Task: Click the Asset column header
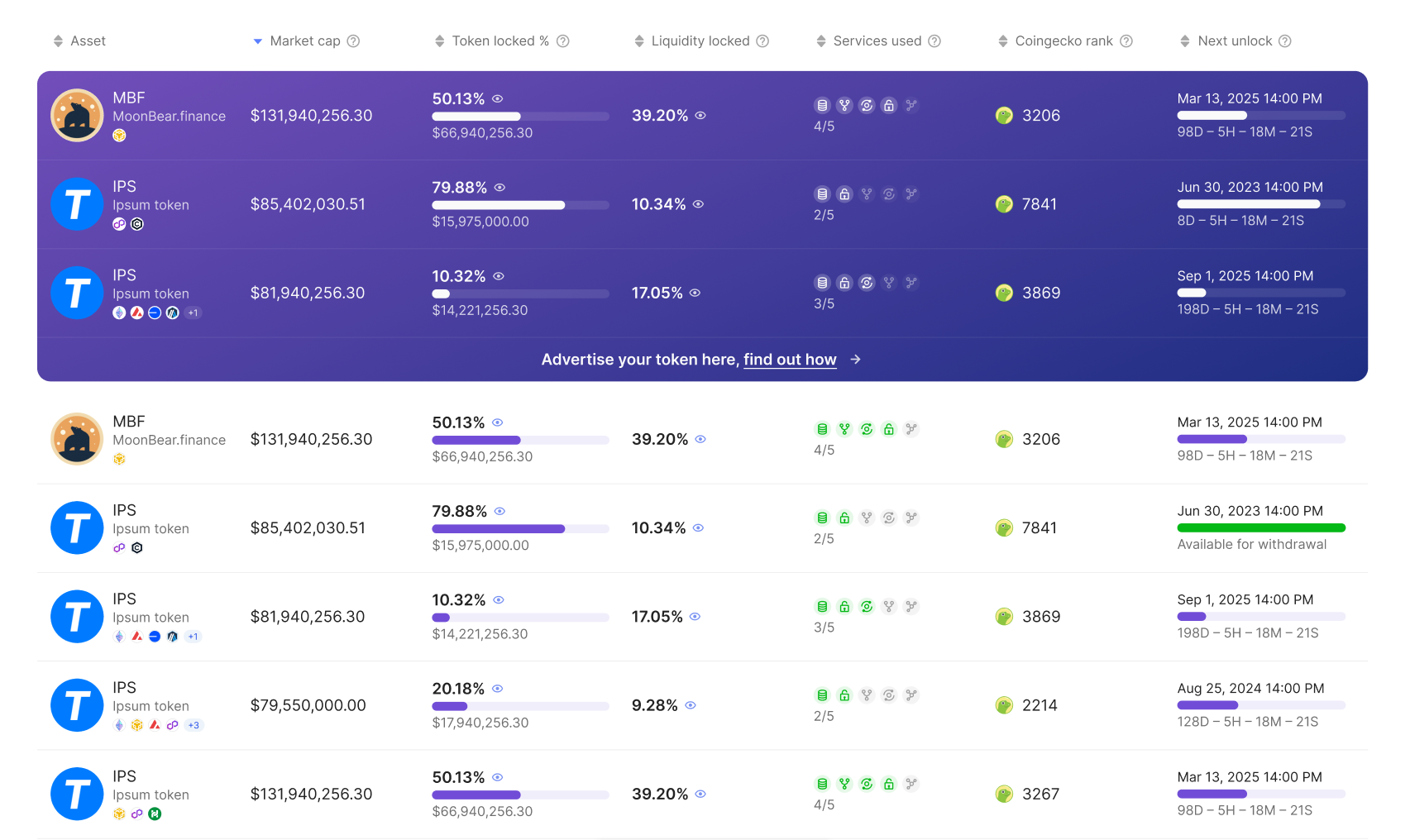coord(88,41)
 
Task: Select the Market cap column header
coord(304,41)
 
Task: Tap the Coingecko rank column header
coord(1063,41)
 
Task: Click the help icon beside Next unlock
coord(1285,41)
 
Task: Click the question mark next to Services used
coord(934,41)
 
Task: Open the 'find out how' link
coord(790,360)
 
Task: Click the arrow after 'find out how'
coord(856,360)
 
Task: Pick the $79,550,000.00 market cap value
coord(308,705)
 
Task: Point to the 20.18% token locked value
coord(458,689)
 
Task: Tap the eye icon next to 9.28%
coord(691,705)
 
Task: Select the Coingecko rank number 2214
coord(1040,705)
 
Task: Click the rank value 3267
coord(1040,794)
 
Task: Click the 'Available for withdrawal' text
coord(1251,544)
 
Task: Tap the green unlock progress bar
coord(1260,527)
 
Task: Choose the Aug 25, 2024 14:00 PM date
coord(1250,688)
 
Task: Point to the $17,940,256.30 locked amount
coord(480,723)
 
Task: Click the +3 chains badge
coord(194,725)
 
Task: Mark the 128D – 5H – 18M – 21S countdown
coord(1247,722)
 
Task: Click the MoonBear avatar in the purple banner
coord(77,115)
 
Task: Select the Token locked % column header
coord(499,41)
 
